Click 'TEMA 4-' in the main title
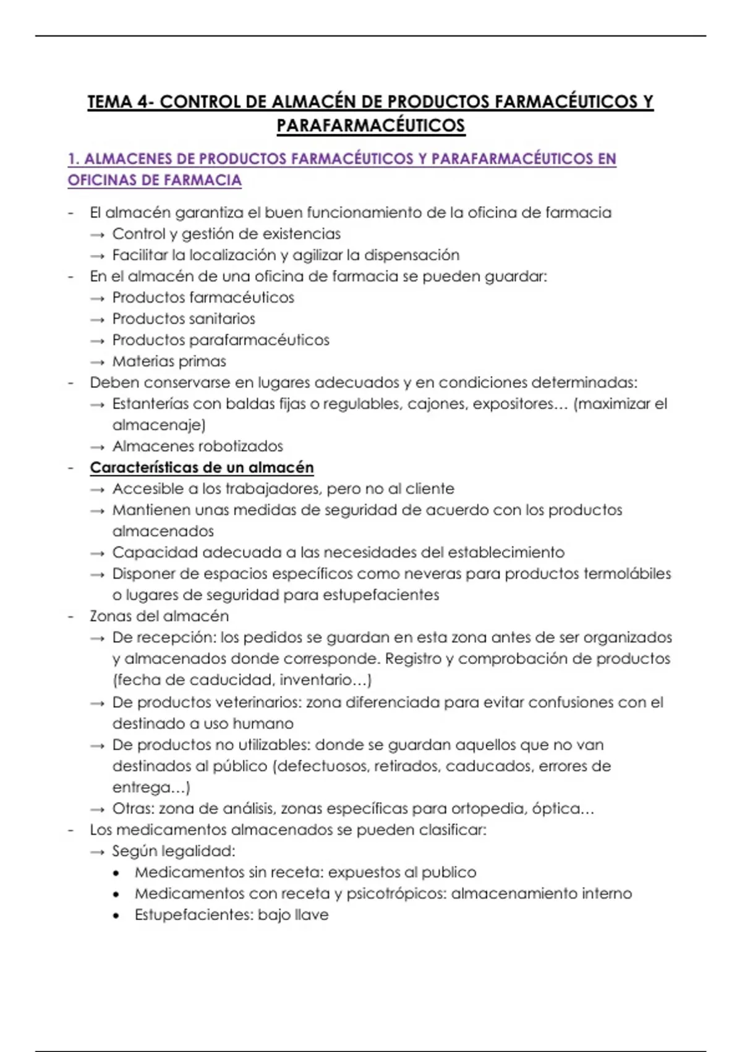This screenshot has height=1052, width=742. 120,102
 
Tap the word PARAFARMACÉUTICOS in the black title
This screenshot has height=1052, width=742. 370,126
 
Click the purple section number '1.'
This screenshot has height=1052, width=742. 74,159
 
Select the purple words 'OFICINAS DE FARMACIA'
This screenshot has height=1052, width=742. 155,181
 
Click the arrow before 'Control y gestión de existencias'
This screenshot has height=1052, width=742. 97,235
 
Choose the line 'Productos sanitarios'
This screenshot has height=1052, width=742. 184,319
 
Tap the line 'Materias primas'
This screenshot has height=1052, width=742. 169,361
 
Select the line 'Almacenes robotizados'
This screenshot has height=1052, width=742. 197,446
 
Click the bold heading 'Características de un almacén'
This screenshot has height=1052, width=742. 202,468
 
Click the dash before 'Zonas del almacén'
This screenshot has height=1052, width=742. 71,616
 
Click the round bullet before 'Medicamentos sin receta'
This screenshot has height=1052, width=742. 116,873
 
